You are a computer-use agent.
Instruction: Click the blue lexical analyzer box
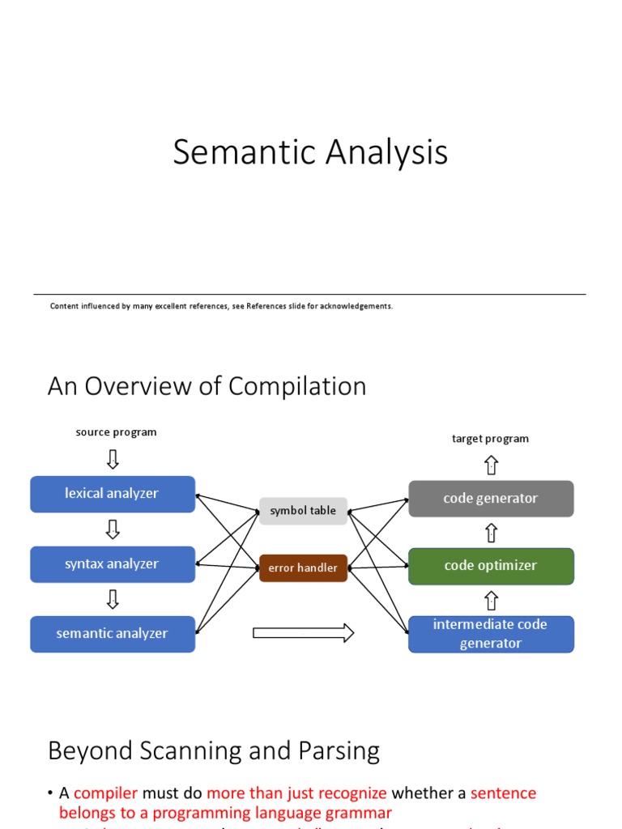point(113,494)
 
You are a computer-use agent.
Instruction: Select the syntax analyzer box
point(113,564)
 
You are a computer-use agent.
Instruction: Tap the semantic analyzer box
point(113,634)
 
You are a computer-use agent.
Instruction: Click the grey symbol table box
point(303,511)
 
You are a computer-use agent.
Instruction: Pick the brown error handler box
point(303,568)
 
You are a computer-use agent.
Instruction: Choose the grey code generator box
point(491,499)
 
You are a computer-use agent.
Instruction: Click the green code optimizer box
point(491,566)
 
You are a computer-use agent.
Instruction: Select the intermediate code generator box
point(491,634)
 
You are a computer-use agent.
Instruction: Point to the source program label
point(116,432)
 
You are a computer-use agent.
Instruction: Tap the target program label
point(490,439)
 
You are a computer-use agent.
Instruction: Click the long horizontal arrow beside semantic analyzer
point(303,633)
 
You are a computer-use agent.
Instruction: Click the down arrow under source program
point(113,459)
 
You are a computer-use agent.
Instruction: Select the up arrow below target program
point(491,466)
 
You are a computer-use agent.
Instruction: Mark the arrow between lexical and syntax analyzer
point(113,529)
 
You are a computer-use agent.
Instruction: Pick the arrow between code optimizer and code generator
point(491,533)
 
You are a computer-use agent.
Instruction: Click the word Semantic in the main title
point(234,153)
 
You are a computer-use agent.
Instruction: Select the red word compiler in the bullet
point(106,793)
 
